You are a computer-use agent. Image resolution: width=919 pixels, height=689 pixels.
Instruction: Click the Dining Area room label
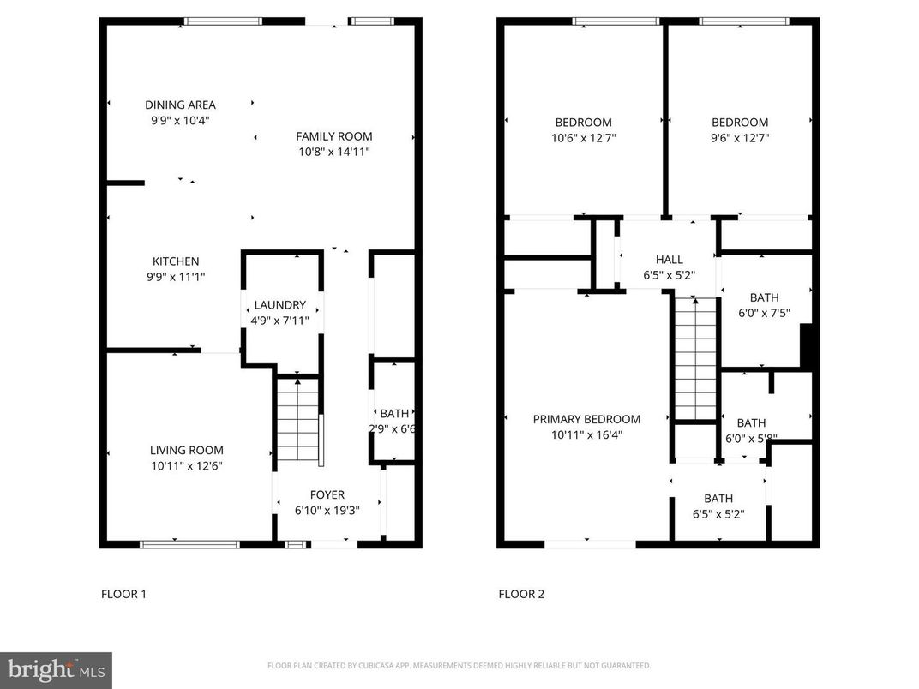pyautogui.click(x=180, y=105)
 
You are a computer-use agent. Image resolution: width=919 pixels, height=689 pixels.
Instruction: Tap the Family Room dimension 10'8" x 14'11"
pyautogui.click(x=334, y=152)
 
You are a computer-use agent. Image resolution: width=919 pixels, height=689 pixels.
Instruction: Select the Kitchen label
pyautogui.click(x=176, y=261)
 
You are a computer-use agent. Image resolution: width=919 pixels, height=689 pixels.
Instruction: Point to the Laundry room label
pyautogui.click(x=279, y=305)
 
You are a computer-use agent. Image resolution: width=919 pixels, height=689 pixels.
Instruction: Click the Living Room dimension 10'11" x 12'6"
pyautogui.click(x=187, y=465)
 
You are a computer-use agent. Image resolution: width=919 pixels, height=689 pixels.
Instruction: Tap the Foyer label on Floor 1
pyautogui.click(x=327, y=494)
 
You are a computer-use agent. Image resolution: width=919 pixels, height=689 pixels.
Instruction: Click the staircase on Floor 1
pyautogui.click(x=297, y=420)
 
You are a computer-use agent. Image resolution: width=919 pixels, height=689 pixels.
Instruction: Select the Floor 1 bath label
pyautogui.click(x=394, y=413)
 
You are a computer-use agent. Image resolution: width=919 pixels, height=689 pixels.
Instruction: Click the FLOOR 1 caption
pyautogui.click(x=123, y=593)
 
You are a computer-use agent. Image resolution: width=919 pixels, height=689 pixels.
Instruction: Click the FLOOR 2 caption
pyautogui.click(x=521, y=593)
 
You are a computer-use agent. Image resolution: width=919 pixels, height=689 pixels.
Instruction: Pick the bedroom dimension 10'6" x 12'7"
pyautogui.click(x=583, y=137)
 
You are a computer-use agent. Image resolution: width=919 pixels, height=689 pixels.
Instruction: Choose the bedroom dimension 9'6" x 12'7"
pyautogui.click(x=739, y=137)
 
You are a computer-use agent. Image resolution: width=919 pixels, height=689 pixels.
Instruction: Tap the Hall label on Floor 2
pyautogui.click(x=669, y=260)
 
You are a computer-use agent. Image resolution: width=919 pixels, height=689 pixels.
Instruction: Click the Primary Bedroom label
pyautogui.click(x=586, y=419)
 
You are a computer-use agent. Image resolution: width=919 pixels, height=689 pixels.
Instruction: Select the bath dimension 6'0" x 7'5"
pyautogui.click(x=764, y=313)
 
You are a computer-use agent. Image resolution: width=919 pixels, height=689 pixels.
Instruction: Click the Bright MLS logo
pyautogui.click(x=55, y=669)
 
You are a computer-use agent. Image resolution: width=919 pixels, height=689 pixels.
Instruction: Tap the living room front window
pyautogui.click(x=189, y=542)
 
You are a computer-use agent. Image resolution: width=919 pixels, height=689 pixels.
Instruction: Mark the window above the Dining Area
pyautogui.click(x=224, y=21)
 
